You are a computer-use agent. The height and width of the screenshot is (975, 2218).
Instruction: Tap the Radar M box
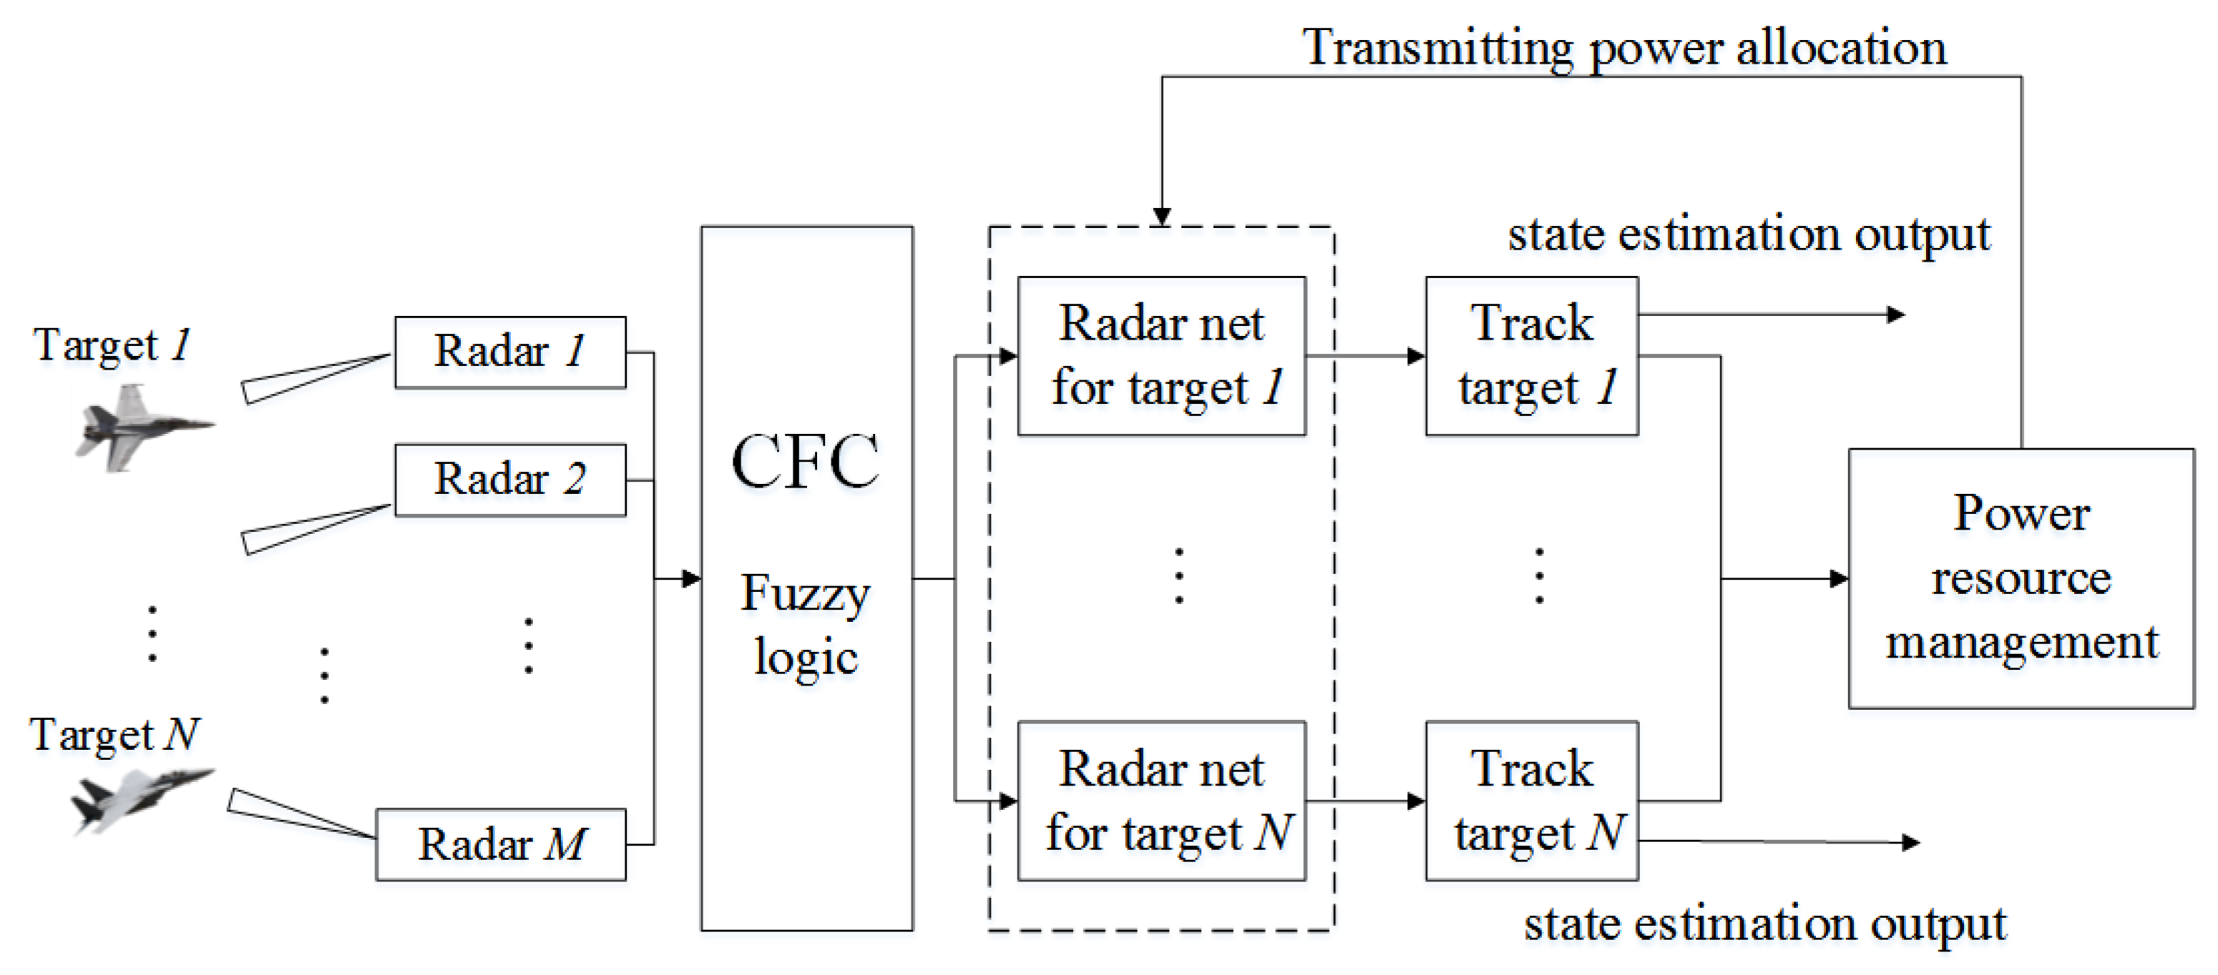point(501,844)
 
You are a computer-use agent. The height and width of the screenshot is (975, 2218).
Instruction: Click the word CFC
point(805,461)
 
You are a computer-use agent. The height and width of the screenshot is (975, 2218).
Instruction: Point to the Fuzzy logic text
point(806,625)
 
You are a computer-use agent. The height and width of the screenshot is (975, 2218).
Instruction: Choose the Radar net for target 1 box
point(1161,355)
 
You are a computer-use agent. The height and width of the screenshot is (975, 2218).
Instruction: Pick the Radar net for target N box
point(1161,801)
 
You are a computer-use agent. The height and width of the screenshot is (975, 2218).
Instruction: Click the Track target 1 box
point(1532,355)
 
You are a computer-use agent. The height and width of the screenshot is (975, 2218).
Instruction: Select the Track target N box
point(1532,801)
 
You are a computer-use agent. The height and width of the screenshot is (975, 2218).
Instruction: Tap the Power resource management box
point(2021,578)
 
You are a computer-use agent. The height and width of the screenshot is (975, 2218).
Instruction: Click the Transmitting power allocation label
point(1624,47)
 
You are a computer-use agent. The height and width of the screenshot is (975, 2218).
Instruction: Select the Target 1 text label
point(112,346)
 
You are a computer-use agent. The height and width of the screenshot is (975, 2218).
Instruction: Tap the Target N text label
point(114,736)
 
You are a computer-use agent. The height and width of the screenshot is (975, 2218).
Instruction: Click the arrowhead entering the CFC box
point(691,578)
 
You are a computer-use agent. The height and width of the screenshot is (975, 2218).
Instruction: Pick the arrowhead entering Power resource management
point(1838,578)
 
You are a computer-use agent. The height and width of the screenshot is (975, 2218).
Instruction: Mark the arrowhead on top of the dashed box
point(1161,216)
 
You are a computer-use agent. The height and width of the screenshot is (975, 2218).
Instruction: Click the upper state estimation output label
point(1749,234)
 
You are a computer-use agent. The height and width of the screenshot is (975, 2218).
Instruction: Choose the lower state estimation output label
point(1764,925)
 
